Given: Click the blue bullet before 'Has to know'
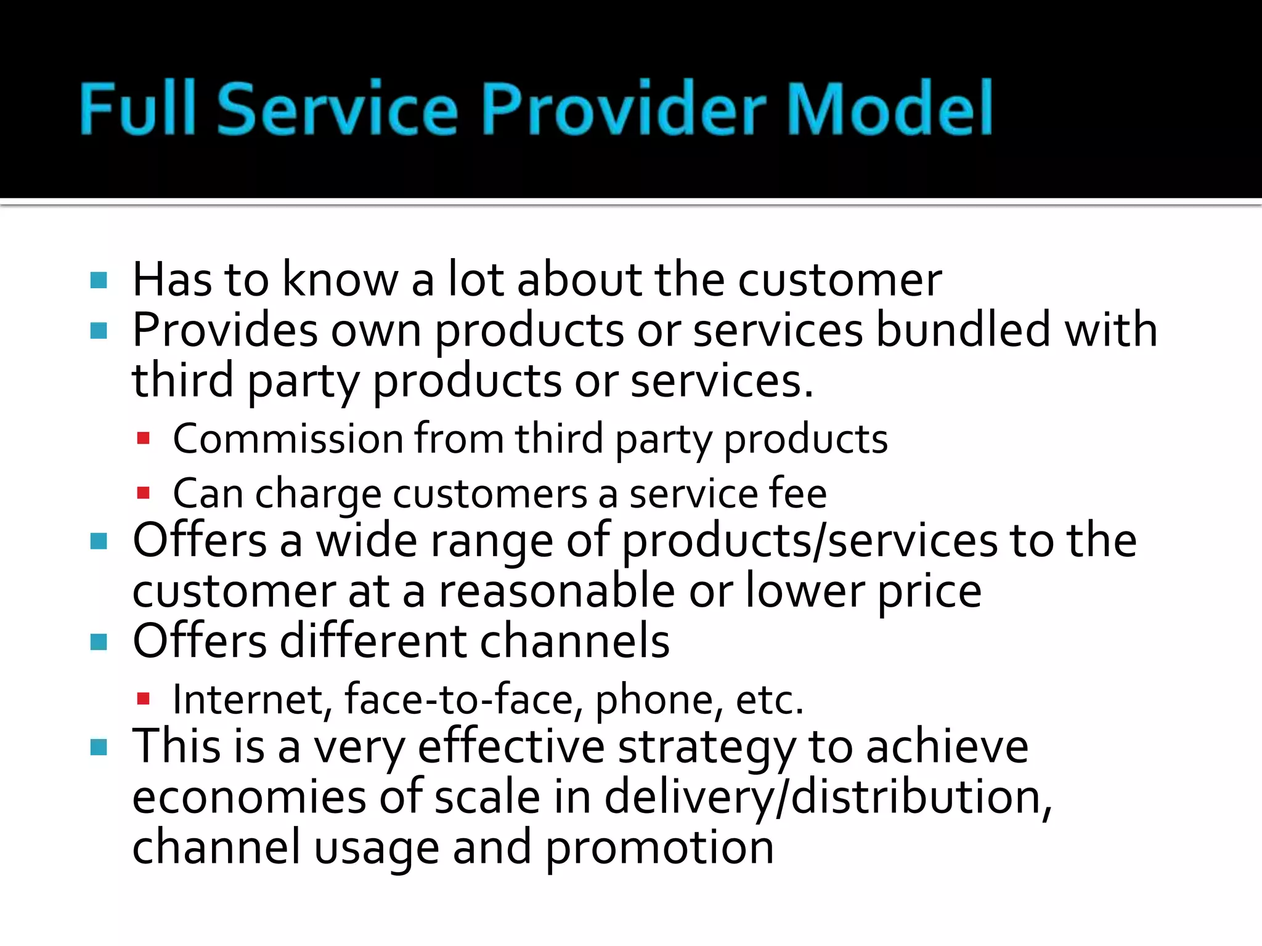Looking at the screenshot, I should pos(99,281).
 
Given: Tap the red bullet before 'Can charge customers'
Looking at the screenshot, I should pos(144,493).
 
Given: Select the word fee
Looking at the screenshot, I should pos(798,493).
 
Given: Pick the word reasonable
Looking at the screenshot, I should pos(556,591).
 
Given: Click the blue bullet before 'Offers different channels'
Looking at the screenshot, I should pos(99,643).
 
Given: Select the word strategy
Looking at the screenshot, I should pos(706,748).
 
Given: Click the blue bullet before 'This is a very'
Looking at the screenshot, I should pos(99,748).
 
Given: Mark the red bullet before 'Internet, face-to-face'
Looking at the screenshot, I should pos(144,699).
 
